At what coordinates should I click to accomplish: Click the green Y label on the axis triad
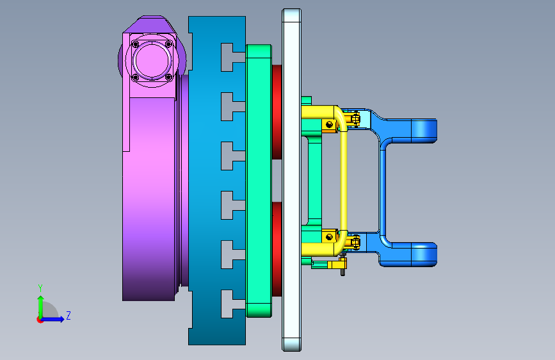40,288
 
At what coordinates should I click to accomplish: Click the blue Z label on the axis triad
68,315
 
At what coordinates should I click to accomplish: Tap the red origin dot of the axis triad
40,320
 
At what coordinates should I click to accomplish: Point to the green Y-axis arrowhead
41,299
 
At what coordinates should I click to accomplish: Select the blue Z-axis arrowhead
61,319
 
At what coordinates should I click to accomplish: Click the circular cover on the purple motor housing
152,61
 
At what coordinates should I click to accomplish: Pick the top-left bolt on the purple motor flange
135,44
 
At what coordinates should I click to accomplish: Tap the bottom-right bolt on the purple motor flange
168,77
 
